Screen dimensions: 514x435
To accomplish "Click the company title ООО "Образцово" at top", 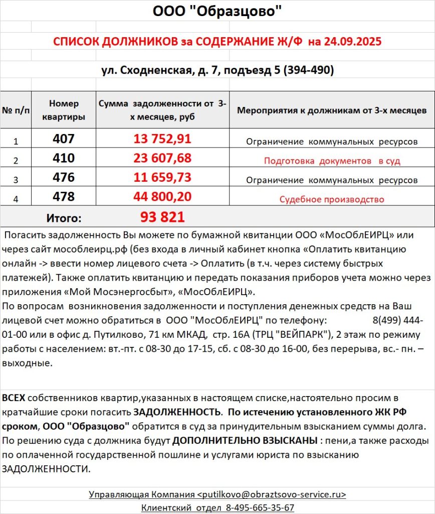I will point(217,11).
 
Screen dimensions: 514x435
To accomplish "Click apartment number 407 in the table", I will point(63,139).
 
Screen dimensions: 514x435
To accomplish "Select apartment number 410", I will point(63,159).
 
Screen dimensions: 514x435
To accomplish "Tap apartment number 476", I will point(63,178).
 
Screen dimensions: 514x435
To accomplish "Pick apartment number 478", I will point(63,197).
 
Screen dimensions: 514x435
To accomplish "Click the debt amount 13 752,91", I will point(162,139).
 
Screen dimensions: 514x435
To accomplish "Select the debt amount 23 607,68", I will point(162,159).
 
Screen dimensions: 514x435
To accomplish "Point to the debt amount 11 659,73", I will point(162,178).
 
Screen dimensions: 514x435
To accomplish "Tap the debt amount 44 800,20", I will point(162,197).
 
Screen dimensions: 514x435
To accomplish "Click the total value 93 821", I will point(162,217).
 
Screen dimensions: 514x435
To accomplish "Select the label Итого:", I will point(64,218).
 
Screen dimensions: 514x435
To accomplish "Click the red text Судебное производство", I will point(332,199).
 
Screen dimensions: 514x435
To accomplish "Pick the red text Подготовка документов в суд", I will point(332,161).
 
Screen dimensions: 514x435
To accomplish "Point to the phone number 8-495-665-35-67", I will point(261,507).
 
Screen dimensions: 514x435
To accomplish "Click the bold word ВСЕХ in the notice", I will point(14,398).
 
